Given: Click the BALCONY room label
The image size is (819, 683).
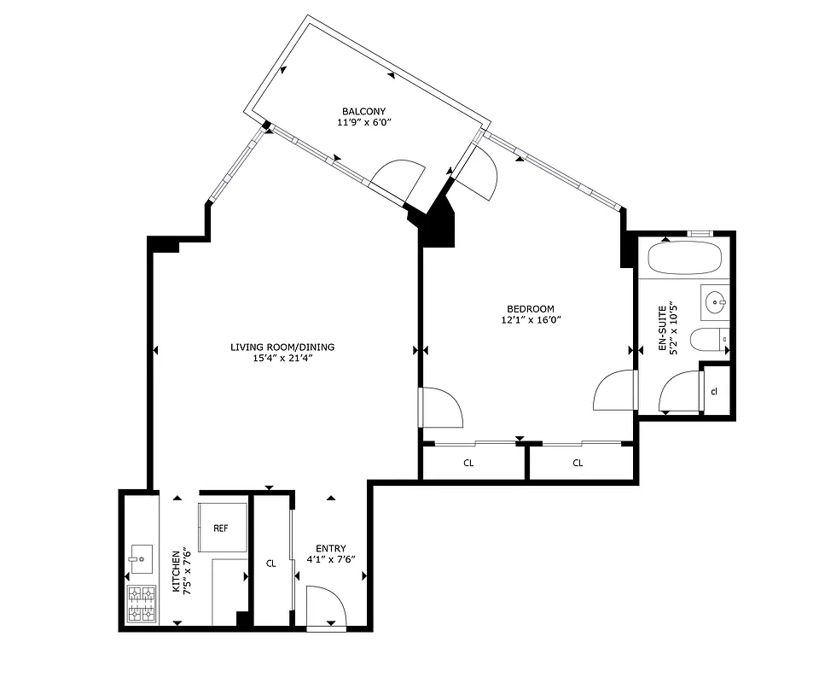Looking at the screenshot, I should pyautogui.click(x=364, y=112).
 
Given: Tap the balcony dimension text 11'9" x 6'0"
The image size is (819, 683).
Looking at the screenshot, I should pyautogui.click(x=364, y=123).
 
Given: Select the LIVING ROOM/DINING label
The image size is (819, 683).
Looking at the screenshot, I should pyautogui.click(x=282, y=347).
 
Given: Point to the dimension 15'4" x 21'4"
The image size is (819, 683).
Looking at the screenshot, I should pyautogui.click(x=282, y=358).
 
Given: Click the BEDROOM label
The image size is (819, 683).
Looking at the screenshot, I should pyautogui.click(x=531, y=309).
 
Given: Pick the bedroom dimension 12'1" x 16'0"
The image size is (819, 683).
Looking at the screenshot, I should pyautogui.click(x=531, y=320).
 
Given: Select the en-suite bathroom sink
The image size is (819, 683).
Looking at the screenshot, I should pyautogui.click(x=716, y=301).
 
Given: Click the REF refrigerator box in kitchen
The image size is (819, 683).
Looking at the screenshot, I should pyautogui.click(x=222, y=528).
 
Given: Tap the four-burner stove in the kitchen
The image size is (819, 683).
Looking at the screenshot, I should pyautogui.click(x=142, y=603).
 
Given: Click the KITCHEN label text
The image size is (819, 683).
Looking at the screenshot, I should pyautogui.click(x=176, y=571).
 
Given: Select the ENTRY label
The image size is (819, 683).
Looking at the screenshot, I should pyautogui.click(x=330, y=548).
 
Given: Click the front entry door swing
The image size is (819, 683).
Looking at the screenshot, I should pyautogui.click(x=326, y=607).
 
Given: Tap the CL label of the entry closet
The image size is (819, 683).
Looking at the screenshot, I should pyautogui.click(x=271, y=563).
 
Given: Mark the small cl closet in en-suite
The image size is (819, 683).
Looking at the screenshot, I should pyautogui.click(x=714, y=391).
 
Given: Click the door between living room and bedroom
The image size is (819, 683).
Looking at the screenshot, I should pyautogui.click(x=440, y=408).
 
